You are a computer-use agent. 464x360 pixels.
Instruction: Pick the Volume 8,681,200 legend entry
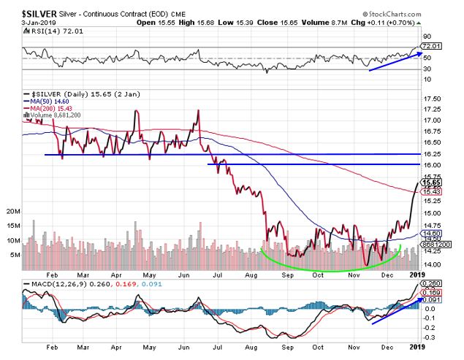pos(53,115)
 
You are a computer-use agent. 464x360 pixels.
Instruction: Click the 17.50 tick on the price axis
pos(432,98)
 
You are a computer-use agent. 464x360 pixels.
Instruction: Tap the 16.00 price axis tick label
pos(432,165)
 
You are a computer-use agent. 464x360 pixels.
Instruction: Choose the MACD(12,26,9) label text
pos(54,283)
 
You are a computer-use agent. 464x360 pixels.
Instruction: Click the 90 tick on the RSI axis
pos(427,37)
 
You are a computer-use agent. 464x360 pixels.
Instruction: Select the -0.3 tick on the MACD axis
pos(430,338)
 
